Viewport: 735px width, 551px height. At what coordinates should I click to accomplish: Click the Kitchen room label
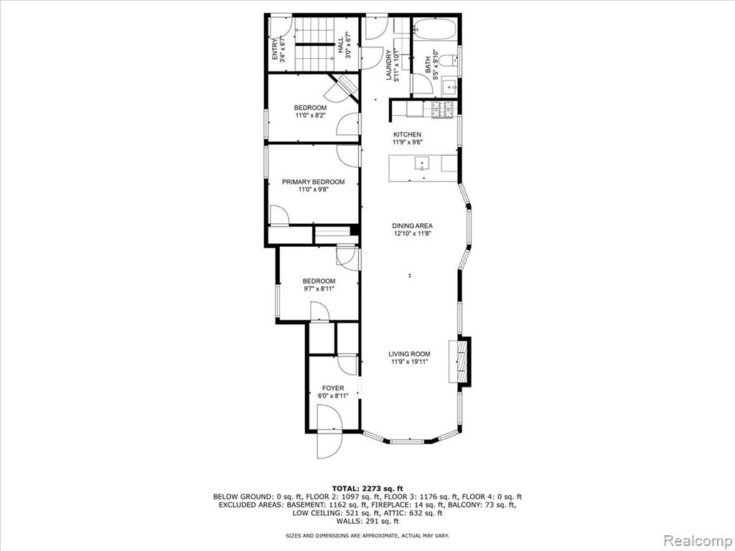[x=407, y=134]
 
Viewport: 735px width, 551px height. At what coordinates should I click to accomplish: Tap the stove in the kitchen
[x=442, y=110]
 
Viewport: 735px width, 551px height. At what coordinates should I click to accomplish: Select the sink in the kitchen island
[x=422, y=164]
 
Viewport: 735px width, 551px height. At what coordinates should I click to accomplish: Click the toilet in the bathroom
[x=449, y=60]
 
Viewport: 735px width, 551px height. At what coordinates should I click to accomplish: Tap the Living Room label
[x=409, y=354]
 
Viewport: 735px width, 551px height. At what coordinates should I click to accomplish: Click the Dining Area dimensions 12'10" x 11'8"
[x=413, y=233]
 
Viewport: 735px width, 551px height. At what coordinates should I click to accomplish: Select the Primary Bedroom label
[x=313, y=182]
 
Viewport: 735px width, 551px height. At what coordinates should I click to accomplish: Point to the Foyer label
[x=333, y=388]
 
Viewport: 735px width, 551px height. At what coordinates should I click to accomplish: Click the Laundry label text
[x=388, y=65]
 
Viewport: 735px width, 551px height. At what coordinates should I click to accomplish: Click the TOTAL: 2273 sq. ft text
[x=367, y=488]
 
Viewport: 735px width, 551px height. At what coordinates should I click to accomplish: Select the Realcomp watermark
[x=698, y=540]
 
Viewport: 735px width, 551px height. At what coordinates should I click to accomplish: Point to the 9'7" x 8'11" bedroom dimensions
[x=319, y=288]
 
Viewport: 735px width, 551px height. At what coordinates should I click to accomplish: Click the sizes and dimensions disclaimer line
[x=367, y=535]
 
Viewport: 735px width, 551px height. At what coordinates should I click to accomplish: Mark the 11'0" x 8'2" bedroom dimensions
[x=310, y=116]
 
